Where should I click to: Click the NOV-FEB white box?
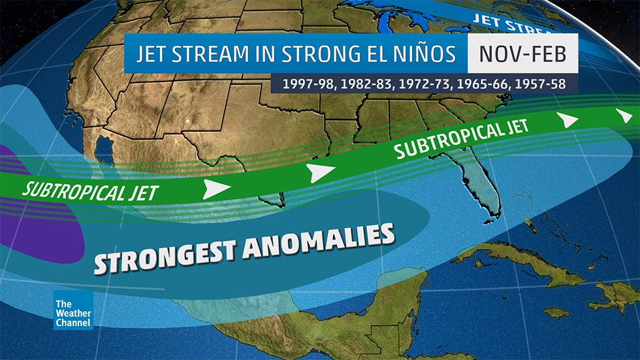(522, 54)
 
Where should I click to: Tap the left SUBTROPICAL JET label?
(89, 192)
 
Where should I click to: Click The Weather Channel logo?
(72, 310)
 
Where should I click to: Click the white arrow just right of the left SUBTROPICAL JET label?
(216, 189)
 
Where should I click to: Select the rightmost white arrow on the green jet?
(624, 115)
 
